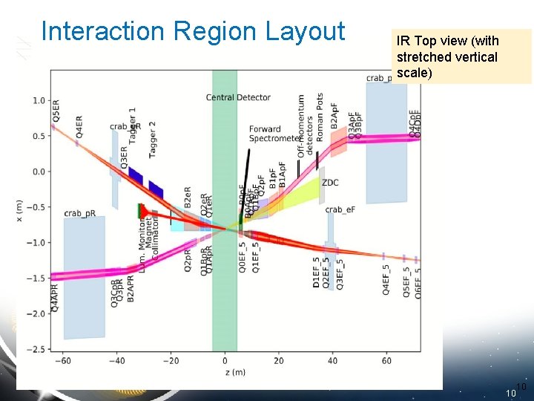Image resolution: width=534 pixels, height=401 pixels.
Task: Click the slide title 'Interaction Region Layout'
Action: pos(193,31)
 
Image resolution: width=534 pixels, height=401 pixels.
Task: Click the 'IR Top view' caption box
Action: pos(461,56)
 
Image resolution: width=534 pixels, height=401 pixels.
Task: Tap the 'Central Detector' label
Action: pos(238,97)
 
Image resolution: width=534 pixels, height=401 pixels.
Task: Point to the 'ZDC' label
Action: pos(330,182)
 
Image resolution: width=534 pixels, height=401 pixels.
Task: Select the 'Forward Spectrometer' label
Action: pos(275,134)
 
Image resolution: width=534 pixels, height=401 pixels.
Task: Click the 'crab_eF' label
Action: pos(340,210)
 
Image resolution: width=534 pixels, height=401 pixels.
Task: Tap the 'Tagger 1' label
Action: pos(132,123)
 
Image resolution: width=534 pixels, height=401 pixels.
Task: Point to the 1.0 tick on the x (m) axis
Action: pos(38,100)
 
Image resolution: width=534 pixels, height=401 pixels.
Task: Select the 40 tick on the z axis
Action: pos(332,360)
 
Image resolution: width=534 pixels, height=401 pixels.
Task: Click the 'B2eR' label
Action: pos(188,198)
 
